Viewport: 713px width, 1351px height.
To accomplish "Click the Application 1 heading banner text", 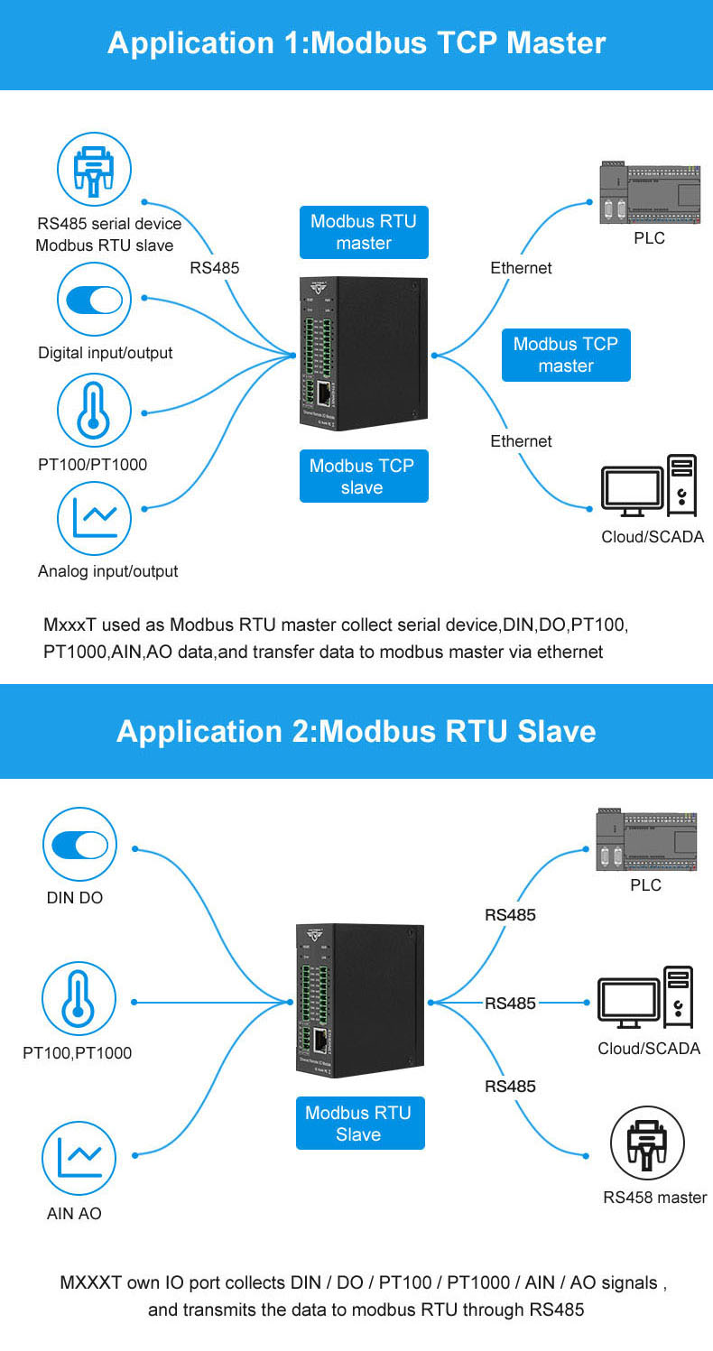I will [x=356, y=42].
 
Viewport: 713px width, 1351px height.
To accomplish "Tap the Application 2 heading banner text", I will [x=356, y=730].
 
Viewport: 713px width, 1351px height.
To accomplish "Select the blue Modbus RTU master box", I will [x=364, y=233].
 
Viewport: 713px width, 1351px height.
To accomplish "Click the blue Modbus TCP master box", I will [x=566, y=355].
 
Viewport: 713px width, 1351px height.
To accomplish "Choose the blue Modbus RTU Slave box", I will [x=359, y=1124].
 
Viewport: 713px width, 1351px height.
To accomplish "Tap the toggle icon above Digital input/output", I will [x=95, y=301].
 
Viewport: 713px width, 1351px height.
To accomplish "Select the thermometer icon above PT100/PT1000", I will [x=95, y=411].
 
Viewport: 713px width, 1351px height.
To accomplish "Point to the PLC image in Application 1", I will [x=649, y=193].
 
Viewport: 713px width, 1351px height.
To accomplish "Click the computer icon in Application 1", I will [x=649, y=487].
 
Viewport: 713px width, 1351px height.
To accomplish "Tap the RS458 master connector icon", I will [x=647, y=1143].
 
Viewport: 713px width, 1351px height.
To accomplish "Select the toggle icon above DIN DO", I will [x=79, y=845].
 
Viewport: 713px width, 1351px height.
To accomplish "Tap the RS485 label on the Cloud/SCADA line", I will [x=510, y=1003].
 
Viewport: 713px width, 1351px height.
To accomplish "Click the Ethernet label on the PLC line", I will [x=521, y=268].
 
